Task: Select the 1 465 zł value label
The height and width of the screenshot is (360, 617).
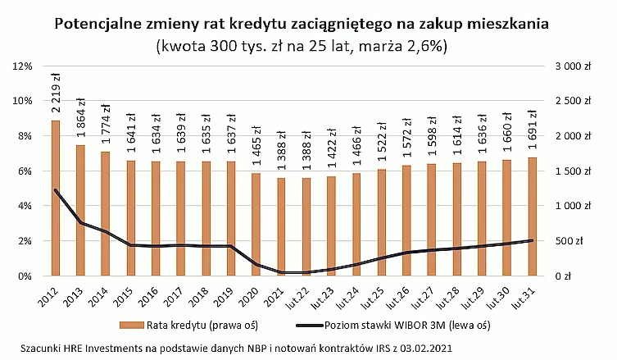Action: pyautogui.click(x=256, y=147)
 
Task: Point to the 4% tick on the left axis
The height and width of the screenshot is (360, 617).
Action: pyautogui.click(x=23, y=206)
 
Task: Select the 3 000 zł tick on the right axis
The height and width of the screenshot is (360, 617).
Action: pyautogui.click(x=573, y=66)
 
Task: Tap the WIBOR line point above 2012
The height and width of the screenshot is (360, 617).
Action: pyautogui.click(x=56, y=190)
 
